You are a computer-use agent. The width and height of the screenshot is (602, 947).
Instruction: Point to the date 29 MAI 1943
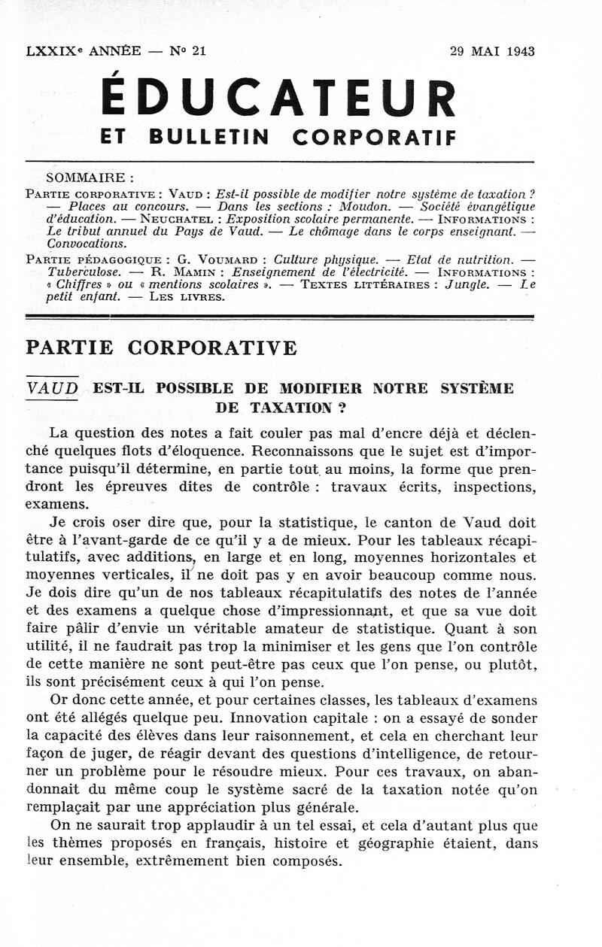click(x=492, y=52)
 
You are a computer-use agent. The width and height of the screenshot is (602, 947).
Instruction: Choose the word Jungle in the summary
click(x=466, y=284)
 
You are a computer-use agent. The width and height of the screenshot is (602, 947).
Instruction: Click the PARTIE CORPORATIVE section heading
click(x=161, y=348)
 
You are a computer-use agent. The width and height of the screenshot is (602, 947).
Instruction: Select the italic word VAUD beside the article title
click(x=52, y=389)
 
